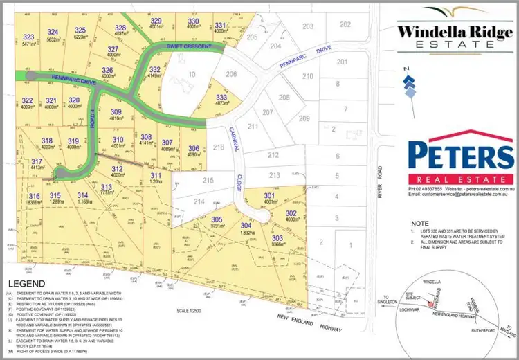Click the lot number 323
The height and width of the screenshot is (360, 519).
pos(28,36)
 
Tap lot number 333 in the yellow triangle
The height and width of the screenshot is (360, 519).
pos(221,98)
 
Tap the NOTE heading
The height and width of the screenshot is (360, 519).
pos(419,224)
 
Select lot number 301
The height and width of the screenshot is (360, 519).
pos(268,196)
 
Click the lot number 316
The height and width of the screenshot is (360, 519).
pos(35,196)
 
